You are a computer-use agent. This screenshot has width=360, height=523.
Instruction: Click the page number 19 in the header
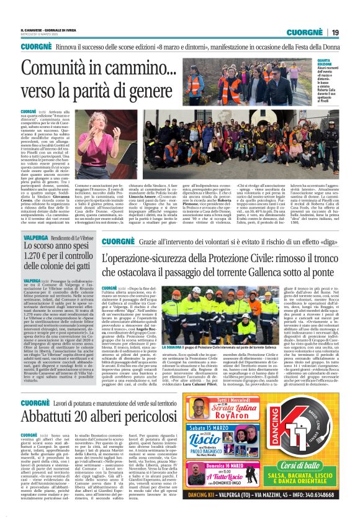coord(335,33)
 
